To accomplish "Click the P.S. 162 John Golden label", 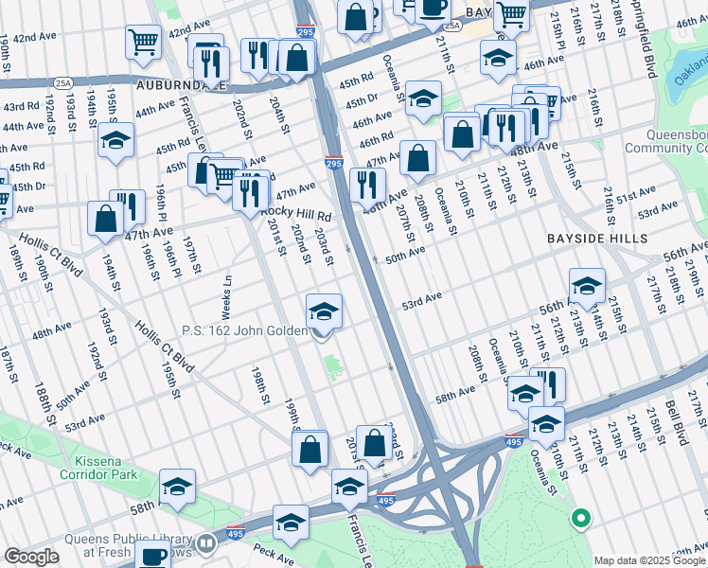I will click(244, 330).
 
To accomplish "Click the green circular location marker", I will click(580, 519).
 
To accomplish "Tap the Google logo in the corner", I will click(30, 557).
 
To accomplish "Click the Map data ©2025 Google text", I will click(649, 560).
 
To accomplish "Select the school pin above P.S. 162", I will click(324, 310).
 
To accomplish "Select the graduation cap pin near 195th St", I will click(115, 141).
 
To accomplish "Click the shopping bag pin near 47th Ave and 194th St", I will click(105, 218).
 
